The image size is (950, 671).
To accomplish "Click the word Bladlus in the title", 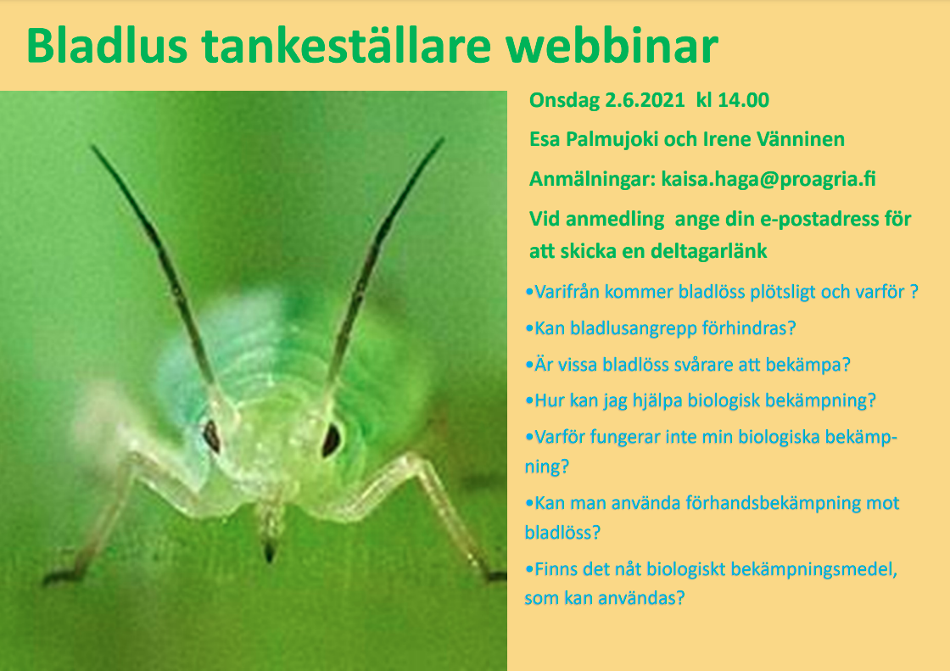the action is click(107, 46).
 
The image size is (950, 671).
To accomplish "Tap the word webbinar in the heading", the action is click(612, 46).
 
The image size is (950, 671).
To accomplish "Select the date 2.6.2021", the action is click(645, 100).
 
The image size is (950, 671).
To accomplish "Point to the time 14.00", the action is click(743, 100).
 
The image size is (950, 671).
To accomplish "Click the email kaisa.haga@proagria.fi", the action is click(768, 180).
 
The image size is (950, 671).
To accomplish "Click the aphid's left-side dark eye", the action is click(211, 435).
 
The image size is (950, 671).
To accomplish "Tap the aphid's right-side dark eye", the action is click(331, 439).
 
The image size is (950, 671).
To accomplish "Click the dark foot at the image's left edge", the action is click(58, 577).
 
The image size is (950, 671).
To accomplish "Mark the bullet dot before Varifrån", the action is click(529, 293).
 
